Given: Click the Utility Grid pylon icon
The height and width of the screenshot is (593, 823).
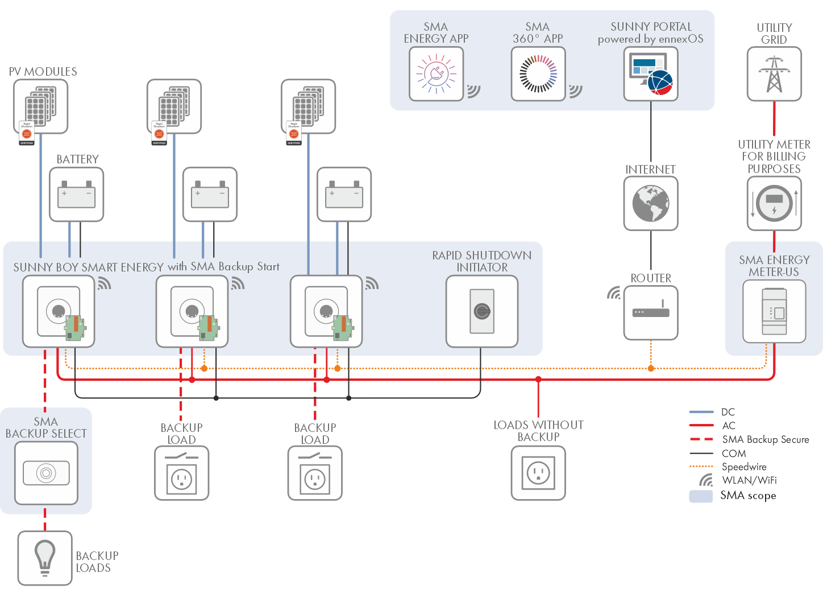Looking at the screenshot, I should (x=774, y=74).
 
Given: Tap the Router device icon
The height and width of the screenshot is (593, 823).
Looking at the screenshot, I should (x=651, y=312).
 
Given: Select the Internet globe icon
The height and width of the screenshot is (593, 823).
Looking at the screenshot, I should (x=651, y=203).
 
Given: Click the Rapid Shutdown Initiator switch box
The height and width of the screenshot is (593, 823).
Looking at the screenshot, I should (x=482, y=311).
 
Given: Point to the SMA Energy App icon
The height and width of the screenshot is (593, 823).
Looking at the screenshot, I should (x=436, y=74).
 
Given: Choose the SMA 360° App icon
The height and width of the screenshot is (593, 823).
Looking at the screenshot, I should (x=538, y=74).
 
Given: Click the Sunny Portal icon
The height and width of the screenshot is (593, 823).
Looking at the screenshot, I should (x=651, y=74).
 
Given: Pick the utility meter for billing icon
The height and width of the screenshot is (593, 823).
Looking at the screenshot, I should (x=774, y=203).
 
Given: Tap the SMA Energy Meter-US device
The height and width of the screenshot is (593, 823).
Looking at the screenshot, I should (x=774, y=312).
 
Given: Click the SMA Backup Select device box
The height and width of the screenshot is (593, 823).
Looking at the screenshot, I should (x=46, y=473).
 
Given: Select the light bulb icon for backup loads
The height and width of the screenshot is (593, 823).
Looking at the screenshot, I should (x=45, y=558).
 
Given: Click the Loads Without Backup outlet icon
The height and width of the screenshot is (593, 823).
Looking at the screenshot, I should (x=538, y=473).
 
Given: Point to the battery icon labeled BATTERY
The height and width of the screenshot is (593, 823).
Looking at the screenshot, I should (x=77, y=194).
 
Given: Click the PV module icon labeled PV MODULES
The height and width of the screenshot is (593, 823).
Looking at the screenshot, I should (x=40, y=106).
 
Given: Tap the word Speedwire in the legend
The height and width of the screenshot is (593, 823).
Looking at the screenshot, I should (x=744, y=467).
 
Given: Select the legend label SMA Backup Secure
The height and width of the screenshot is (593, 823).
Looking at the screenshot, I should (x=766, y=439).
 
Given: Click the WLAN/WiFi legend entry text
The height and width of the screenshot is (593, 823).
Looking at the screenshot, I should (x=749, y=481).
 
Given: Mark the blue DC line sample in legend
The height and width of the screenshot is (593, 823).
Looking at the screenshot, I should (x=701, y=412).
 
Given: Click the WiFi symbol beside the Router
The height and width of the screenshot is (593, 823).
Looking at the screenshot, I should (x=614, y=293).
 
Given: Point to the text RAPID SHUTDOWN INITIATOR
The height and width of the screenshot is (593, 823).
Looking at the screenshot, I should (x=482, y=261).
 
